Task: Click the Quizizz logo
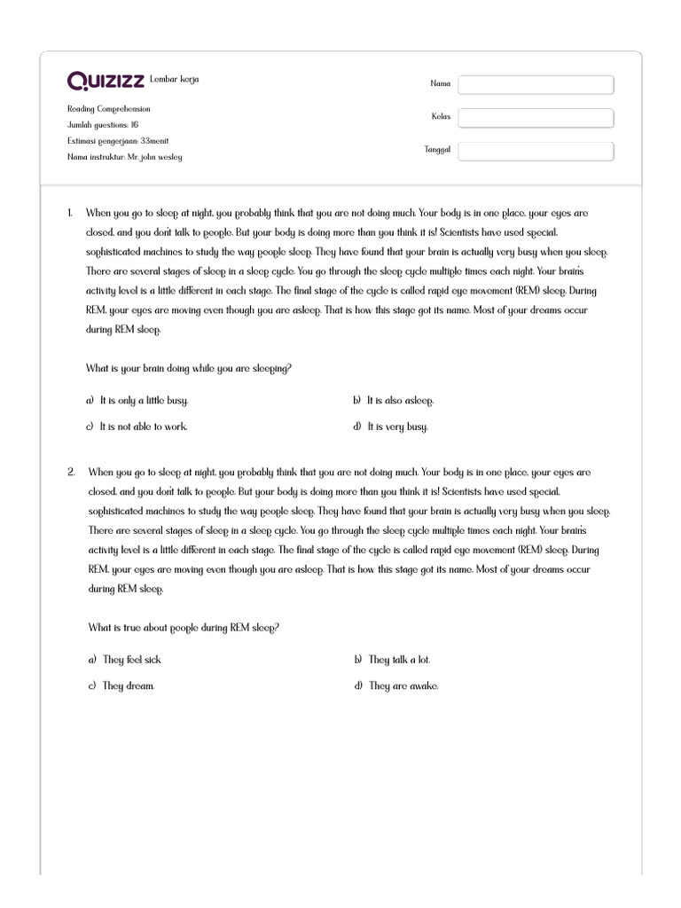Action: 106,82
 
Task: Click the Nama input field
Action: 536,84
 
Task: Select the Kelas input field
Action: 536,118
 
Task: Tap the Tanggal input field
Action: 536,151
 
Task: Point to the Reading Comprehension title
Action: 109,109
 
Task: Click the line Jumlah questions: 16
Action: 103,125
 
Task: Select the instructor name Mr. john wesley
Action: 125,157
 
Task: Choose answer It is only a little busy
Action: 144,401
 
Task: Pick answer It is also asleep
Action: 400,401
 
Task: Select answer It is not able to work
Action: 144,427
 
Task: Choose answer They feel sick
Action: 132,660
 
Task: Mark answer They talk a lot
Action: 399,660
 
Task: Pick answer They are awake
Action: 403,685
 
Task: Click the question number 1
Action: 69,214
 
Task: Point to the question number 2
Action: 71,473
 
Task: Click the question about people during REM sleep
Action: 184,628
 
